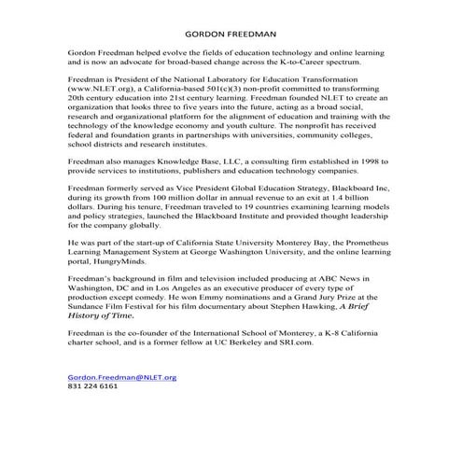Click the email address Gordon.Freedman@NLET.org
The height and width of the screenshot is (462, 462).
[x=121, y=378]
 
